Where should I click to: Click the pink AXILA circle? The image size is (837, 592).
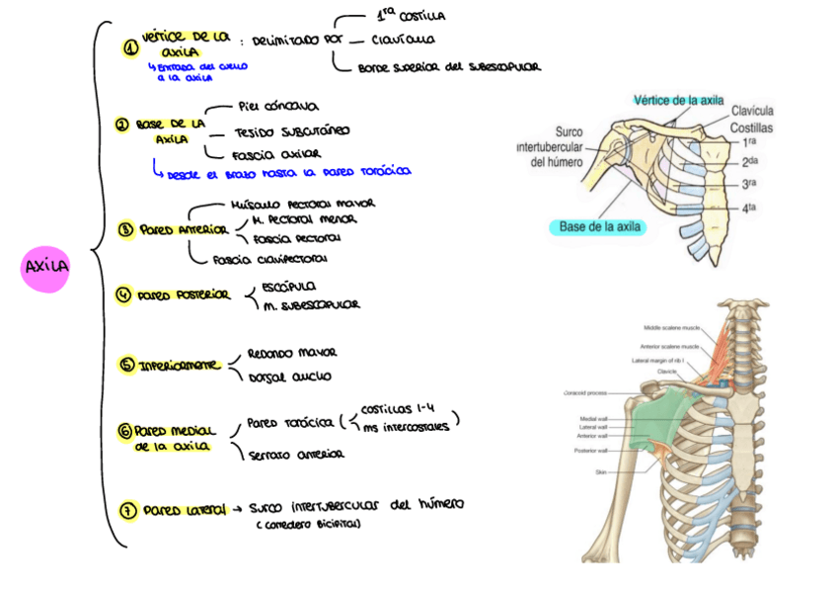[x=45, y=268]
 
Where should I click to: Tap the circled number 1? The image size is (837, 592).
[x=130, y=47]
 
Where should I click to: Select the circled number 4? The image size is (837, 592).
[x=123, y=295]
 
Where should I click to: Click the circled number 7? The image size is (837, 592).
[x=128, y=510]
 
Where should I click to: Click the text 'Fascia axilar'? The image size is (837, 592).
[x=276, y=155]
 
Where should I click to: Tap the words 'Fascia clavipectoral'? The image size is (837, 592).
[x=269, y=260]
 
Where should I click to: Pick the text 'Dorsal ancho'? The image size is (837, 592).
[x=289, y=376]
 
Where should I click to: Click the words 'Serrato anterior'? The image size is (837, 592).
[x=296, y=455]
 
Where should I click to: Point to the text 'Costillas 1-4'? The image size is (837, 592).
[x=395, y=409]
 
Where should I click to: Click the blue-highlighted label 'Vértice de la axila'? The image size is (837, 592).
[x=679, y=100]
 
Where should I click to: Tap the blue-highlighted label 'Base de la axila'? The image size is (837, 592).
[x=600, y=226]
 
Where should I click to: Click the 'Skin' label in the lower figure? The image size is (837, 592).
[x=599, y=472]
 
